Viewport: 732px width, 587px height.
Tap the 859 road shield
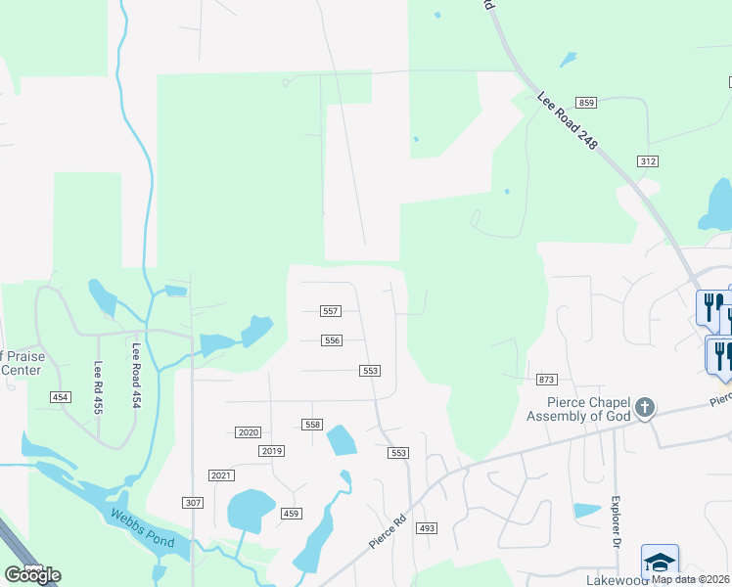(586, 103)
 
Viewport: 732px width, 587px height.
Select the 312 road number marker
(647, 161)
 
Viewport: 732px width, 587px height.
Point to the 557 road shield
(331, 311)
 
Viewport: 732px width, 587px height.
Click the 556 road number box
(333, 340)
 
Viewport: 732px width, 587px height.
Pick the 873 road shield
(546, 379)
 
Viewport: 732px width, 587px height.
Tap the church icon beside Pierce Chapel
(644, 407)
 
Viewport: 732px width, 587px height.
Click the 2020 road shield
(248, 432)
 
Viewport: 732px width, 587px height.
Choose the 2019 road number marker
(272, 451)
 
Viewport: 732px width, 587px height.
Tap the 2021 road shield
(222, 475)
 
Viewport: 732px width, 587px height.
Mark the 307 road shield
(192, 502)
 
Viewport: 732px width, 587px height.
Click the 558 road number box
(312, 425)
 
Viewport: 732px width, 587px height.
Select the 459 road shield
(292, 514)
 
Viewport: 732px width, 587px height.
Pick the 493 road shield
(426, 528)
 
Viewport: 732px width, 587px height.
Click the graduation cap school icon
(660, 562)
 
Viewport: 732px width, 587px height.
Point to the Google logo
(32, 575)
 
